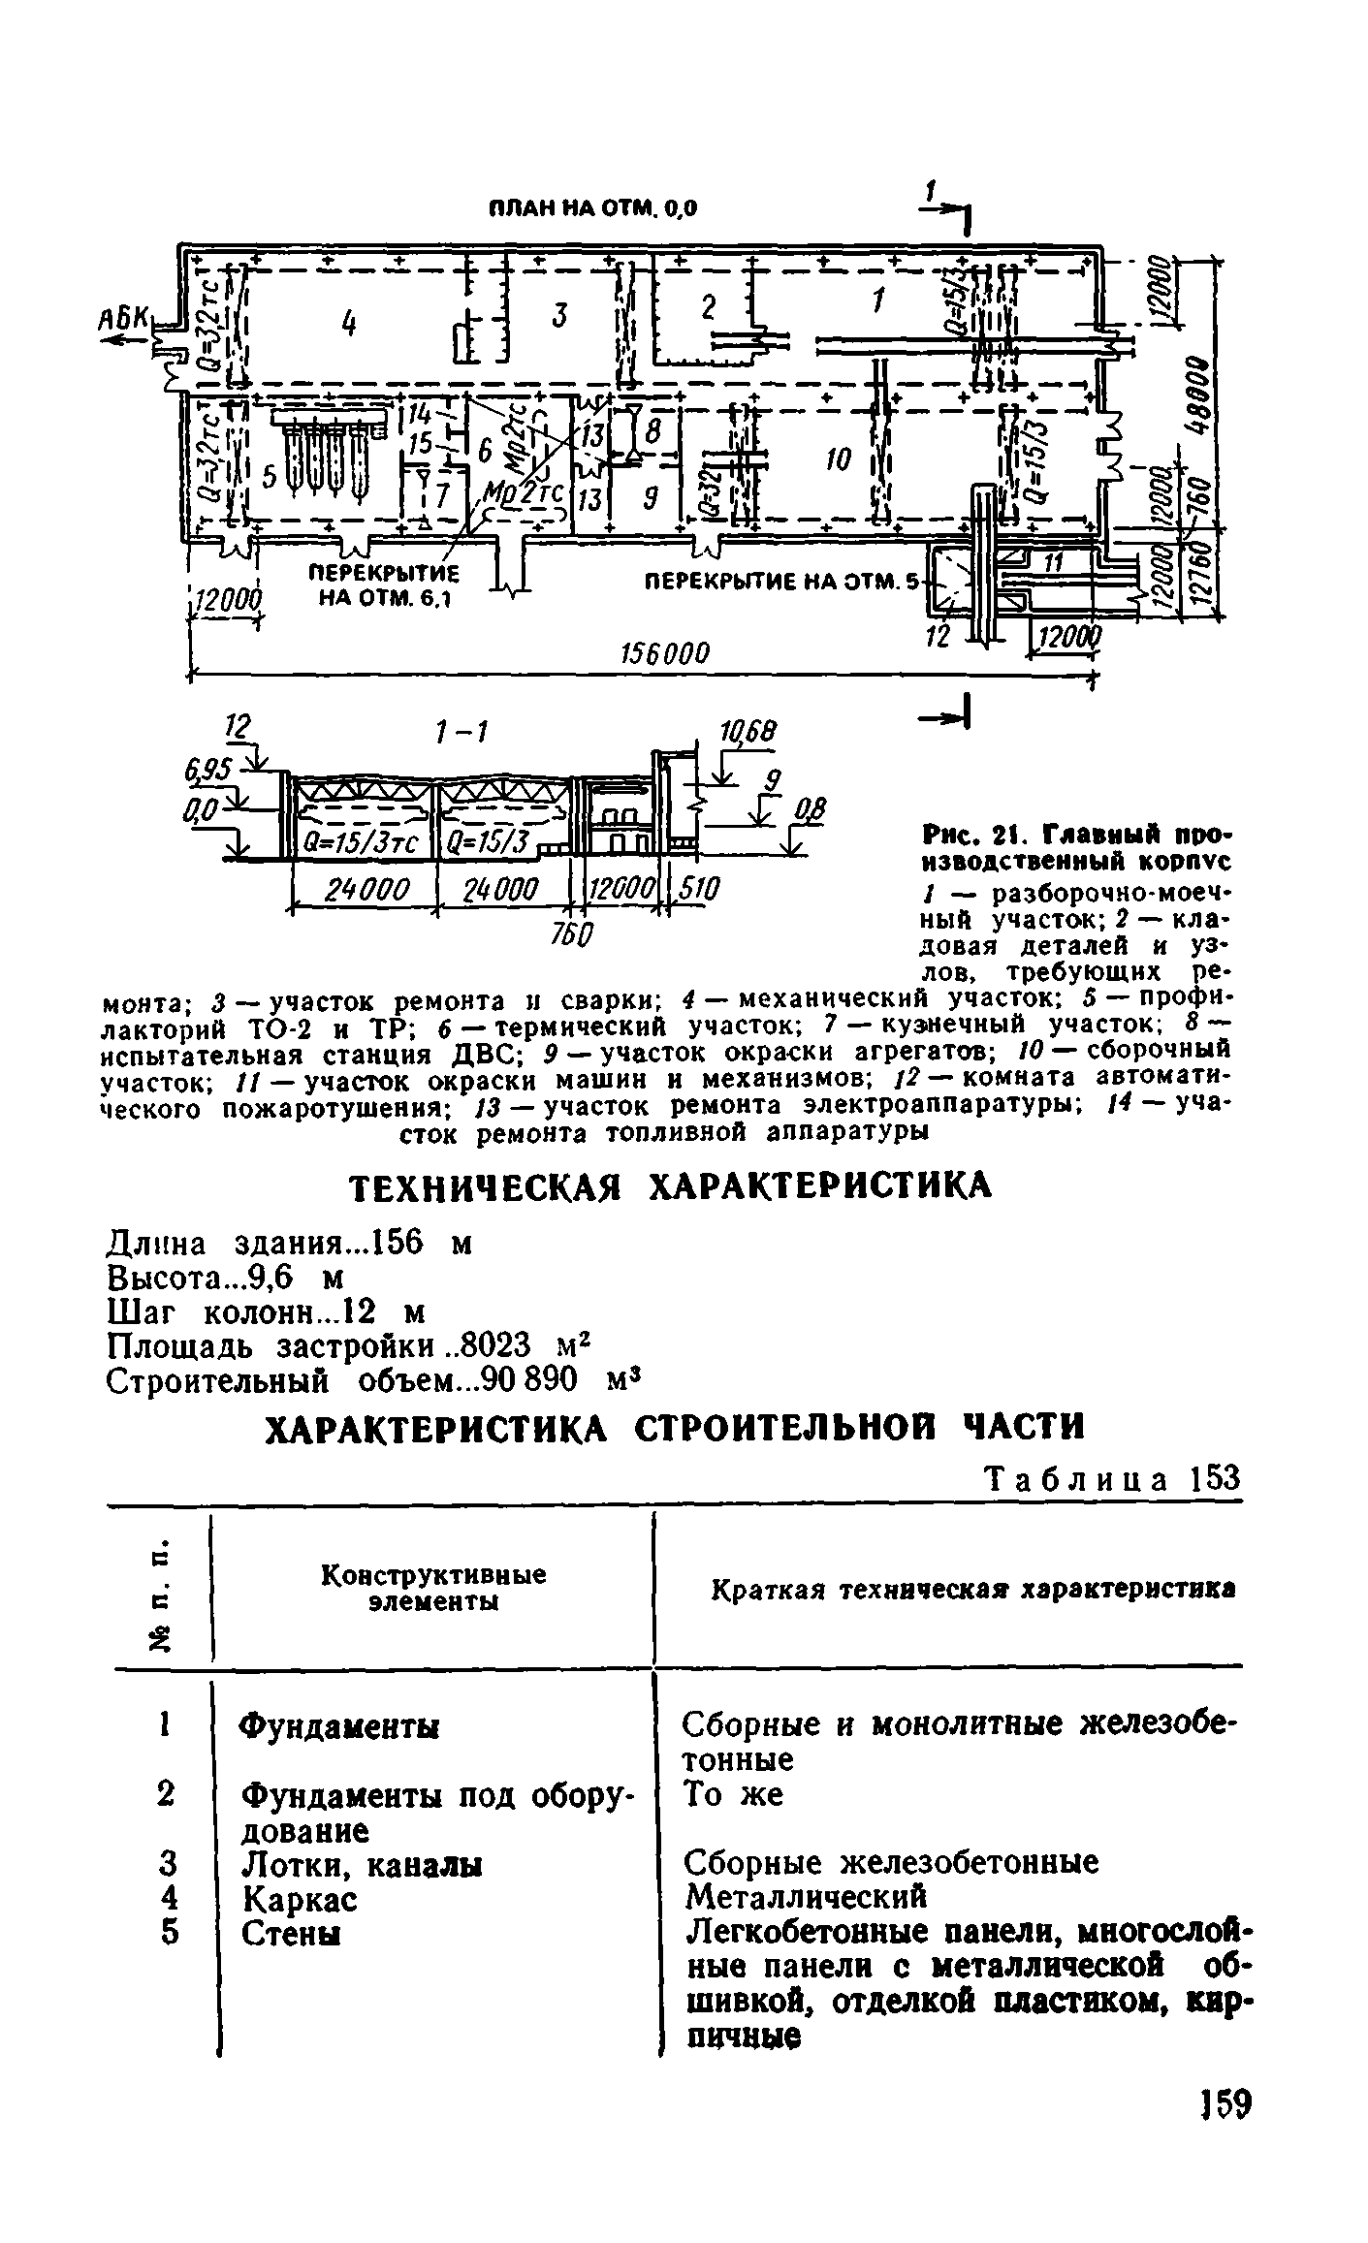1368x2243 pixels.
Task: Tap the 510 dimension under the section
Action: [x=697, y=888]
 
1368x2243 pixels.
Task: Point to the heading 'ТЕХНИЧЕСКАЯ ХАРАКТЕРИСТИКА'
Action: [x=670, y=1185]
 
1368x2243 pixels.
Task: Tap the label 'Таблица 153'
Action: [x=1111, y=1477]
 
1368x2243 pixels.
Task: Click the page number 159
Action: [x=1224, y=2131]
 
